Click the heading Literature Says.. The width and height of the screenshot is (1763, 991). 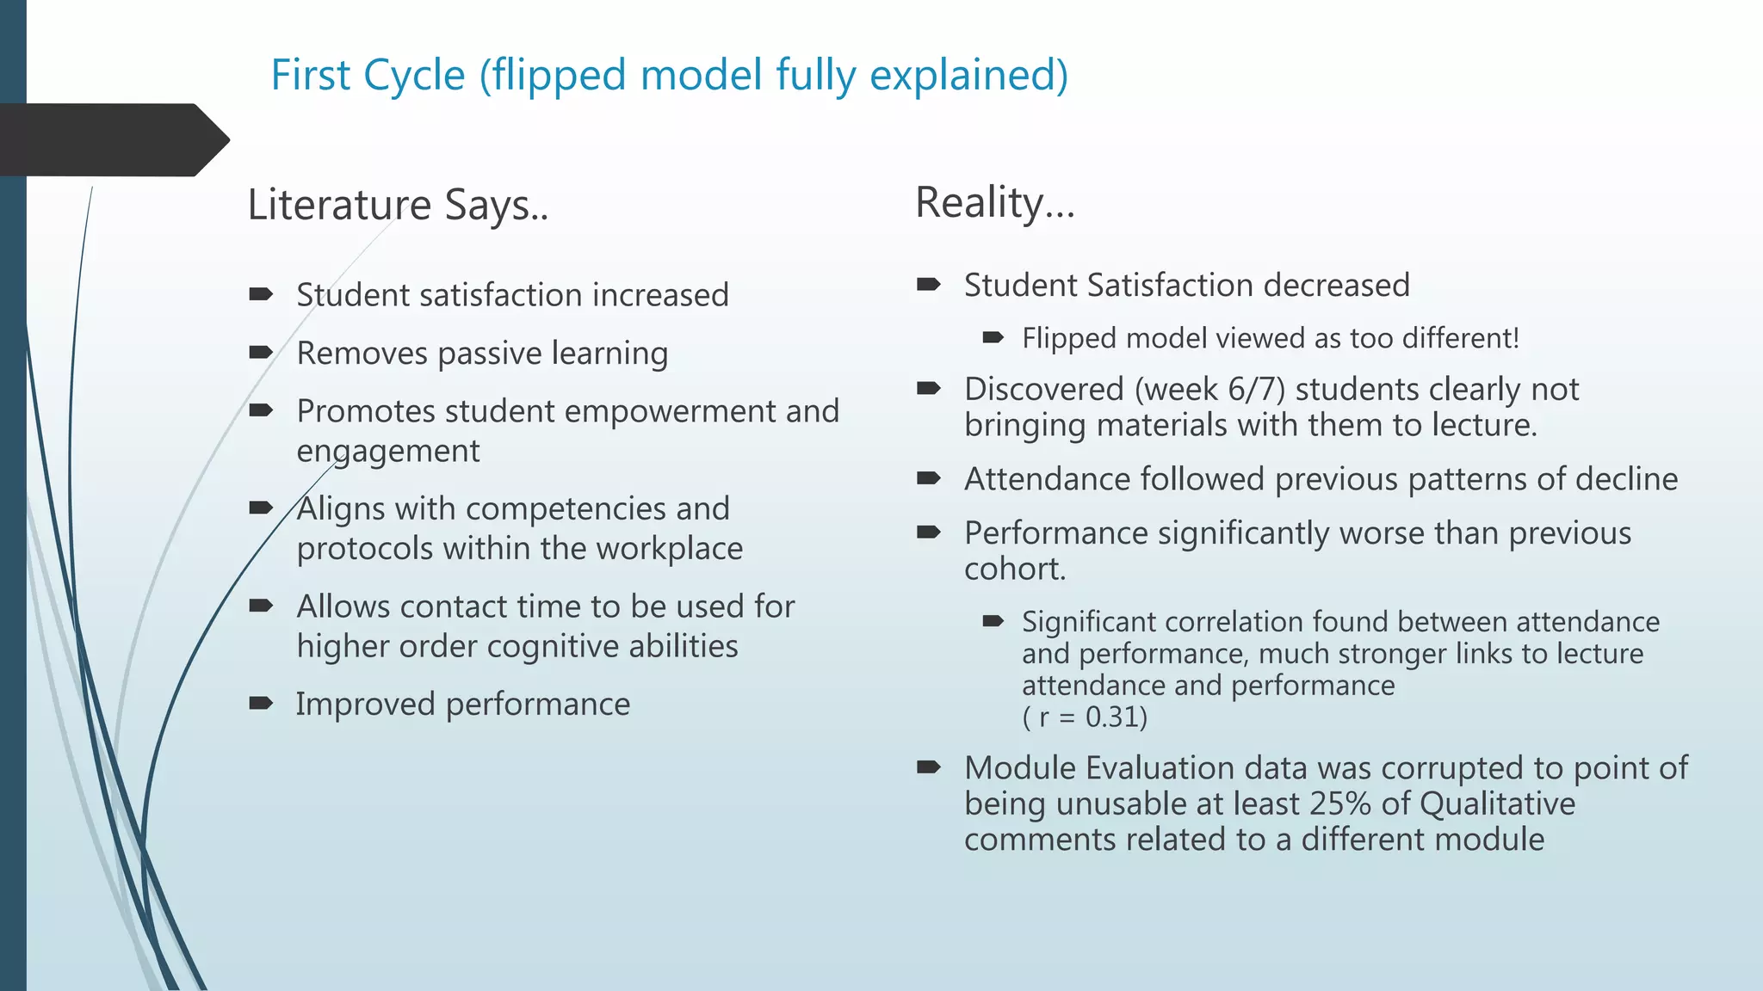398,206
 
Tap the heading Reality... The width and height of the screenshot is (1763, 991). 994,203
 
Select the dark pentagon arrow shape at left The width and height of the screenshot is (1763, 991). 112,139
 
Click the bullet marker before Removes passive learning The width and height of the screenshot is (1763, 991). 260,353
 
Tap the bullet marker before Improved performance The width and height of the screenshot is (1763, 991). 260,704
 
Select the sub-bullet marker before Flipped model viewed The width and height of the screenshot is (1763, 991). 993,338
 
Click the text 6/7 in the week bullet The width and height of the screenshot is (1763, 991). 1256,389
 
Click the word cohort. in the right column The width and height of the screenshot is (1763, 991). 1014,569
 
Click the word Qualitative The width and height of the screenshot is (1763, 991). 1497,803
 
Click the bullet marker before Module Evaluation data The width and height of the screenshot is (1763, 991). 928,767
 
